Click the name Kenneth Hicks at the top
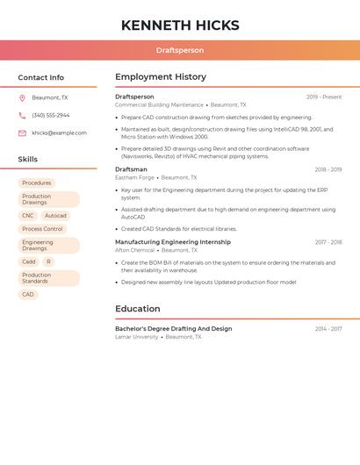point(179,25)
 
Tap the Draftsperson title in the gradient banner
point(180,51)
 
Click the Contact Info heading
point(41,77)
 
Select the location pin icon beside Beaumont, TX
point(22,98)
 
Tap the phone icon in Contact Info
point(22,116)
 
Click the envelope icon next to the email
point(22,133)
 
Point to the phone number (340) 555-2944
point(51,116)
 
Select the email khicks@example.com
point(59,133)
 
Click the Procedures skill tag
point(37,183)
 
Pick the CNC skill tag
point(28,216)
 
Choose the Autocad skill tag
point(55,216)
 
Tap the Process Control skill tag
point(42,229)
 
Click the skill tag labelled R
point(48,261)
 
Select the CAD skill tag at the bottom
point(28,295)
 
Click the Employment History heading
point(161,77)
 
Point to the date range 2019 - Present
point(324,97)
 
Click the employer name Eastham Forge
point(134,177)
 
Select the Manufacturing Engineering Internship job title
point(173,242)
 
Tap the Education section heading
point(138,309)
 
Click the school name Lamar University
point(137,337)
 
